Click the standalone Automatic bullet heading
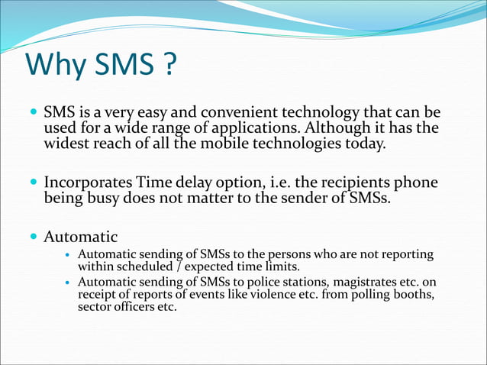tap(81, 237)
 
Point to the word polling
tap(367, 296)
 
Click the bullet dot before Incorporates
tap(33, 184)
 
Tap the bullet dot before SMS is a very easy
tap(33, 114)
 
